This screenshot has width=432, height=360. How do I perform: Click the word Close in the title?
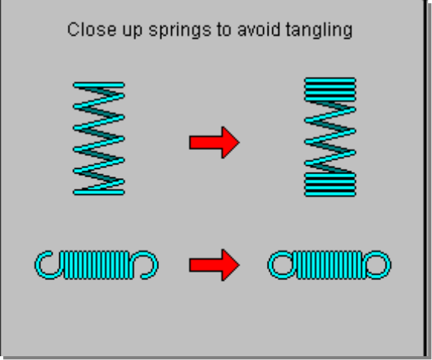tap(91, 30)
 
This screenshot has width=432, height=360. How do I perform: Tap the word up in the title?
tap(132, 31)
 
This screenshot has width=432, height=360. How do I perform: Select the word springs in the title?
tap(179, 30)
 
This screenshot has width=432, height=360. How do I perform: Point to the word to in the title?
tap(224, 30)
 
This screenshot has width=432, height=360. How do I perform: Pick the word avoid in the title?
tap(259, 29)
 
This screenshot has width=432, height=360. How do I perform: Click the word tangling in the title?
tap(319, 30)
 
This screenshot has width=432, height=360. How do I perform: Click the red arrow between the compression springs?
tap(214, 142)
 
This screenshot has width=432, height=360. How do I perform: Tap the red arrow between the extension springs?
tap(214, 265)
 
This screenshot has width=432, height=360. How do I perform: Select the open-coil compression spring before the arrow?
tap(99, 139)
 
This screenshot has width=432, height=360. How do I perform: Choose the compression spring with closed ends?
tap(330, 137)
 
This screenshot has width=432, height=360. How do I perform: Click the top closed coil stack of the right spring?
tap(330, 90)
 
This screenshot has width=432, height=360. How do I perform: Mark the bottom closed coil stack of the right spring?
tap(330, 185)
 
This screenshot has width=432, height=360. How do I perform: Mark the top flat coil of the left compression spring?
tap(99, 85)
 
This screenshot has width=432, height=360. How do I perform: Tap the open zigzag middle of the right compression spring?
tap(330, 137)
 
